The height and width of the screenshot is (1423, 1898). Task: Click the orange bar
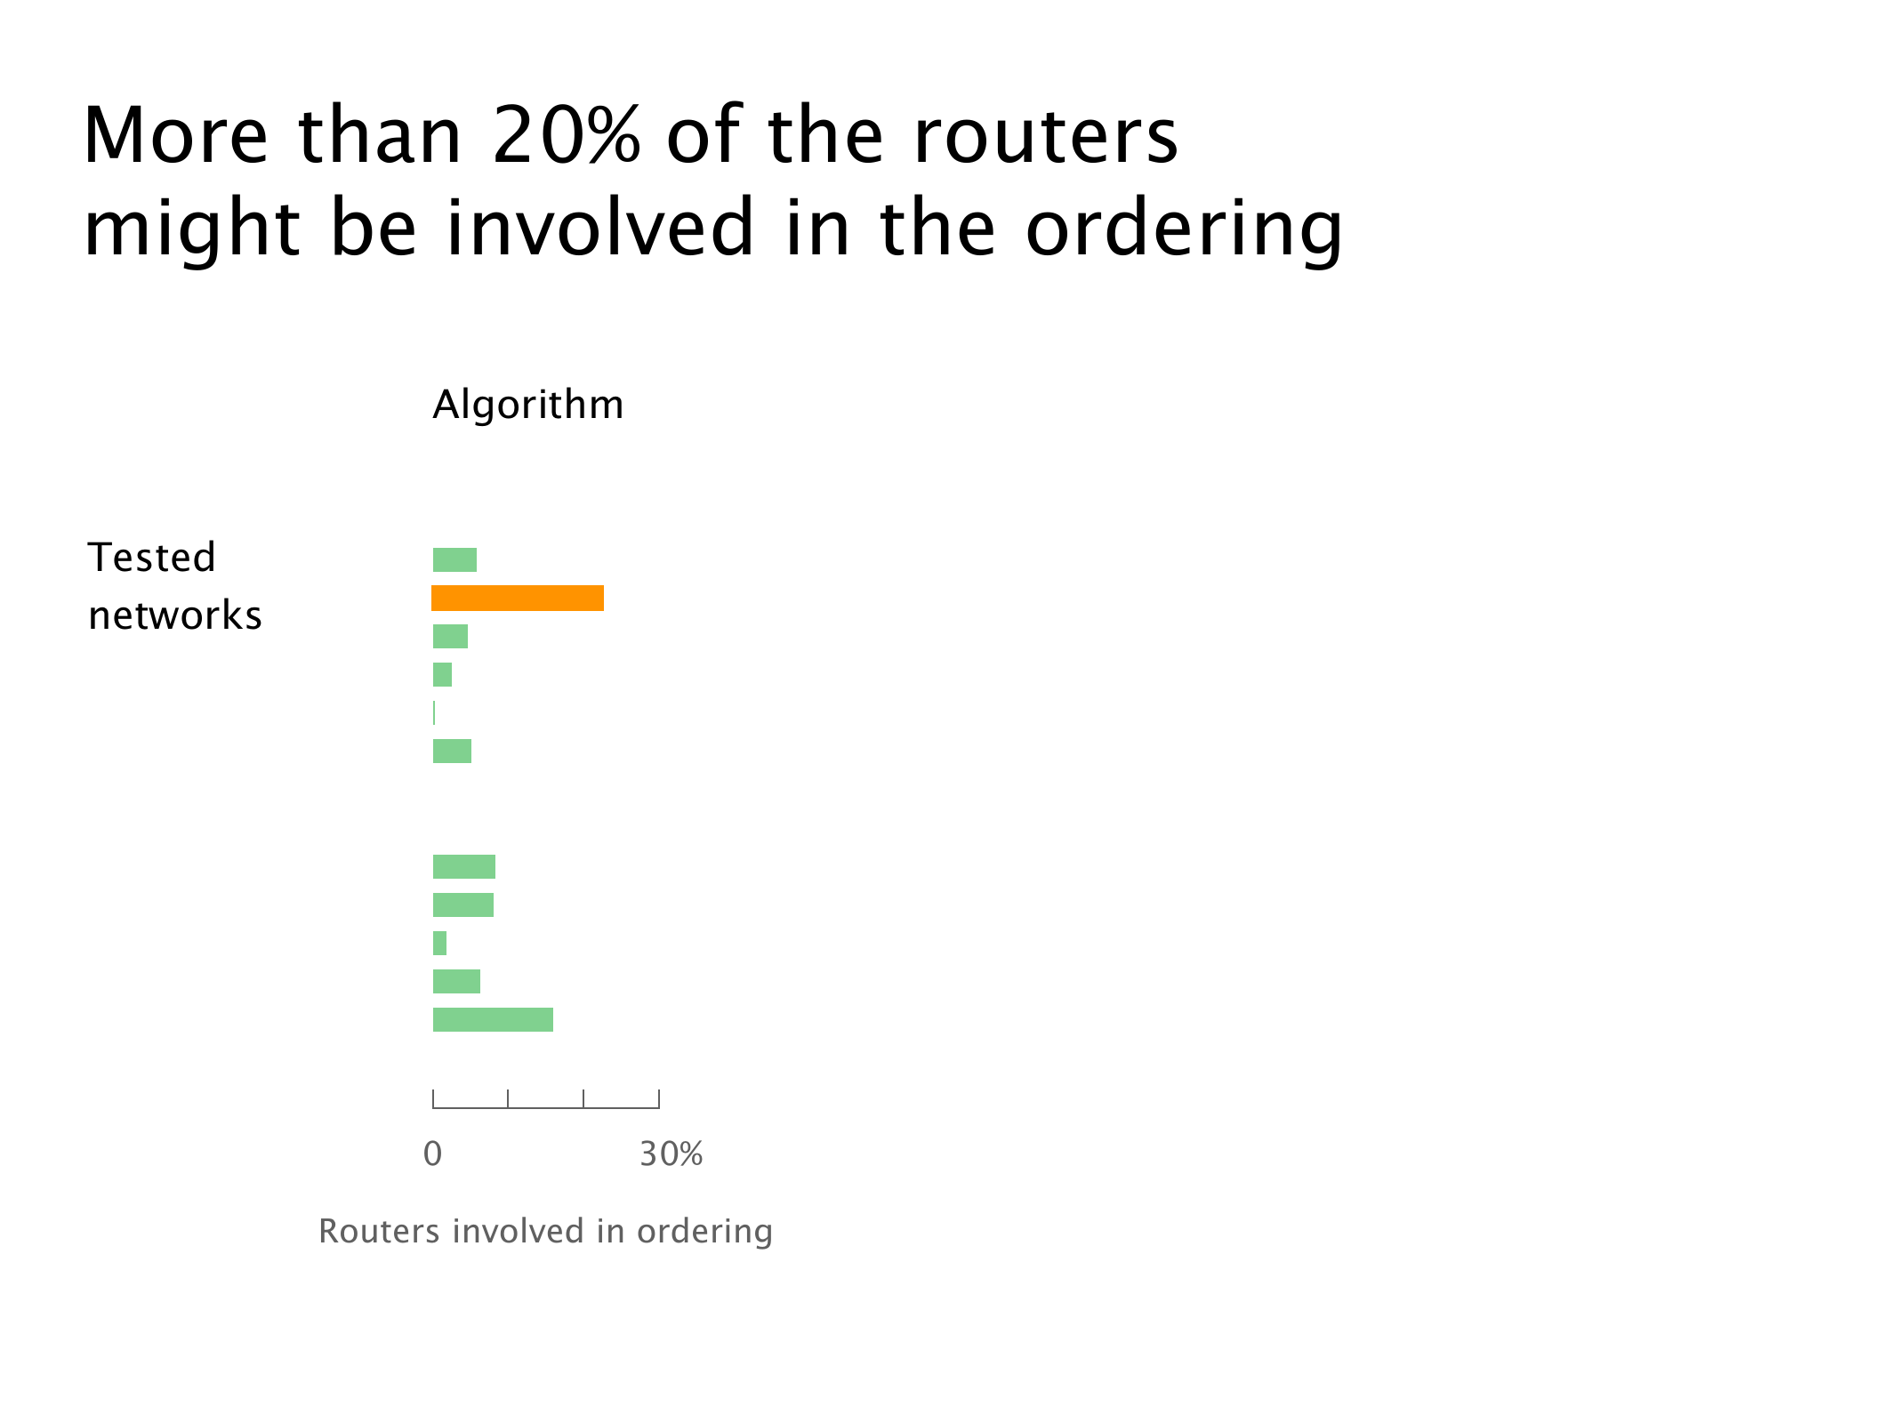coord(518,599)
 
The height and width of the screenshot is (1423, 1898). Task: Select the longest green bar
coord(493,1020)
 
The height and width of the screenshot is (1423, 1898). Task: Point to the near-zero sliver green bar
coord(434,713)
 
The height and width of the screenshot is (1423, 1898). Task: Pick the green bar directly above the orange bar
coord(454,560)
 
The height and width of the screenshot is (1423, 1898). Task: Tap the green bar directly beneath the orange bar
coord(450,637)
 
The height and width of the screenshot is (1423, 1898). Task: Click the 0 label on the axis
coord(433,1154)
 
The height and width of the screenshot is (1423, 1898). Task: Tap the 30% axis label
coord(672,1154)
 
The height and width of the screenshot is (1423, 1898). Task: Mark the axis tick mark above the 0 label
coord(433,1098)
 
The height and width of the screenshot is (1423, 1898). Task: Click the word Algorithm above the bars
coord(528,406)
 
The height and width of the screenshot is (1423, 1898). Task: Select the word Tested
coord(152,558)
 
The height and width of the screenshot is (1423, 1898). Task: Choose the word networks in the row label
coord(175,615)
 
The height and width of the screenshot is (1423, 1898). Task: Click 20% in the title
coord(567,134)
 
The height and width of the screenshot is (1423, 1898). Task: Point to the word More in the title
coord(175,134)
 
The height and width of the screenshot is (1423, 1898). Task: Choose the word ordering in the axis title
coord(704,1233)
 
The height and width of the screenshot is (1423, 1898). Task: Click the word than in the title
coord(380,134)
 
